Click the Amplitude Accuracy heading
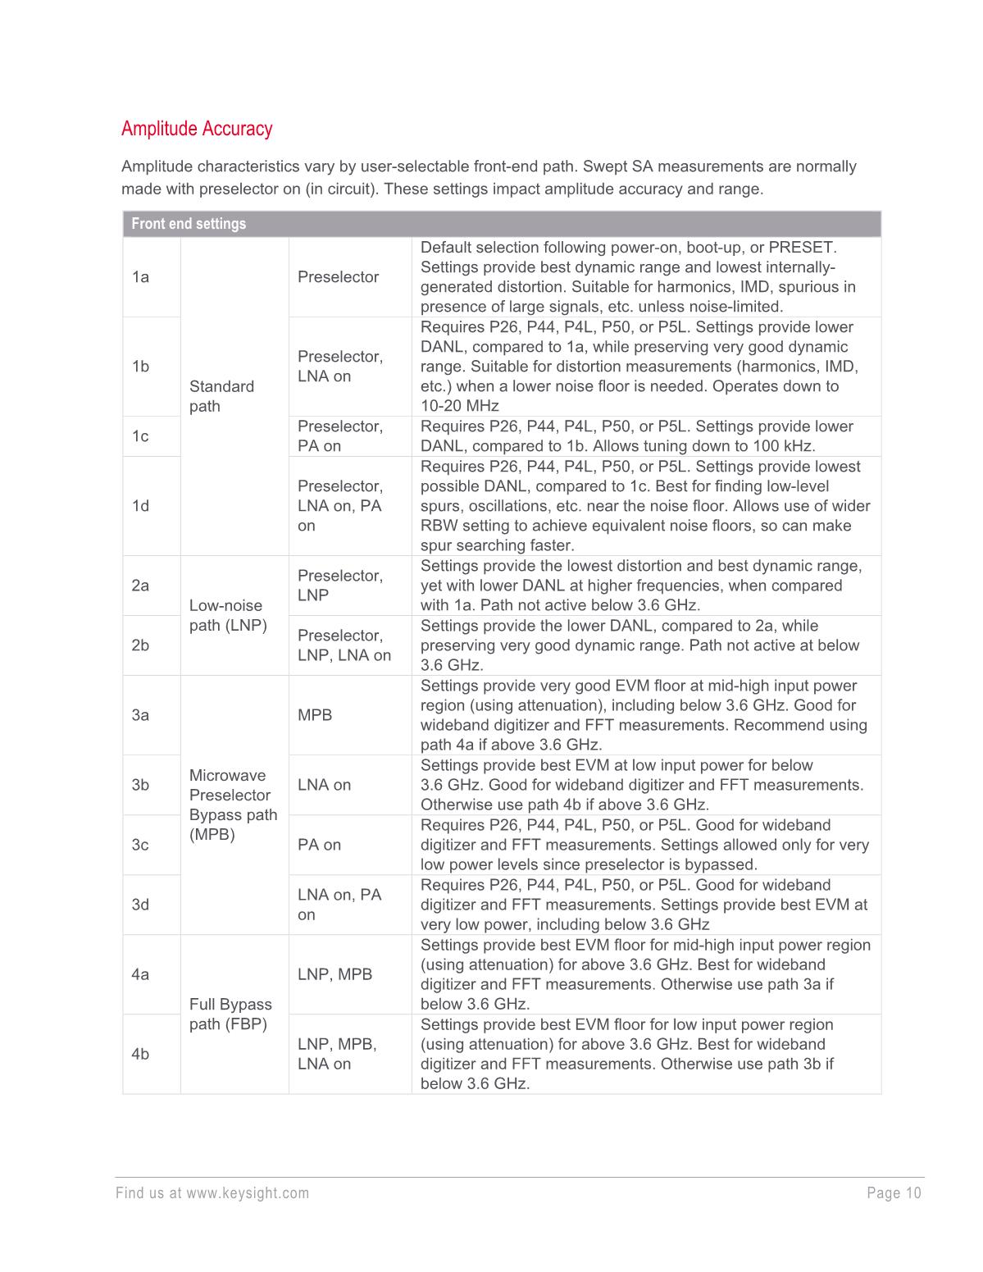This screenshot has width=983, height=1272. [197, 129]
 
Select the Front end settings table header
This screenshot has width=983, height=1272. [189, 224]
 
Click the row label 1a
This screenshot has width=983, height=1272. [140, 277]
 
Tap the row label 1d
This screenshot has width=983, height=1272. [140, 506]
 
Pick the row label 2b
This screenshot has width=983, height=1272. [140, 645]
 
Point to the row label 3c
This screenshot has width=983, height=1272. [140, 845]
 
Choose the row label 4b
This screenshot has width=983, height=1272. [140, 1054]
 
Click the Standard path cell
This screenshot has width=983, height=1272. [221, 396]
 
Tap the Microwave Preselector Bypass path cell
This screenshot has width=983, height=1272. [233, 805]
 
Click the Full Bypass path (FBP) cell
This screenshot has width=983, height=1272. [230, 1014]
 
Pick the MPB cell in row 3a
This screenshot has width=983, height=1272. [315, 715]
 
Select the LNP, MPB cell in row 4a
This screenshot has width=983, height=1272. [334, 974]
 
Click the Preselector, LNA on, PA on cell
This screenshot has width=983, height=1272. [339, 506]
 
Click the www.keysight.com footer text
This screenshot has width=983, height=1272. [248, 1193]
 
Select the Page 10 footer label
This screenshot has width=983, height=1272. [894, 1193]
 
